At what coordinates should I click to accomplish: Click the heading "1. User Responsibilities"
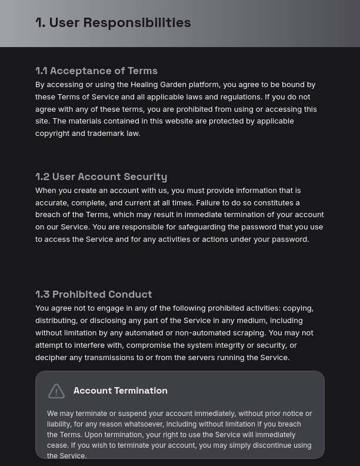(x=113, y=22)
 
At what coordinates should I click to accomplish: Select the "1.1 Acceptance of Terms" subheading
(x=96, y=71)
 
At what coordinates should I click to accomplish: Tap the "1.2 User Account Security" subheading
(x=101, y=177)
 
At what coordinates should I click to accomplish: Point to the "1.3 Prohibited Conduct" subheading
(x=94, y=294)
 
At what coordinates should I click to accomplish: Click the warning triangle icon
(x=56, y=391)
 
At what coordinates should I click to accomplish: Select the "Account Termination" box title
(x=121, y=391)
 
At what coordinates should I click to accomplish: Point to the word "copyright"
(x=52, y=134)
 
